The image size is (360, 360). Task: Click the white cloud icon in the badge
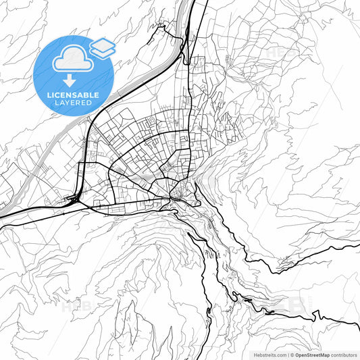(x=72, y=60)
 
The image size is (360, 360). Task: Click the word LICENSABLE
(x=72, y=95)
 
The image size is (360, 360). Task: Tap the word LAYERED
(x=73, y=103)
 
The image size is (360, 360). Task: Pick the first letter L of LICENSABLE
(x=49, y=95)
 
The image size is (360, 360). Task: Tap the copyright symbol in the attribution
(x=292, y=354)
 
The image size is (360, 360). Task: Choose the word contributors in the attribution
(x=344, y=354)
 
